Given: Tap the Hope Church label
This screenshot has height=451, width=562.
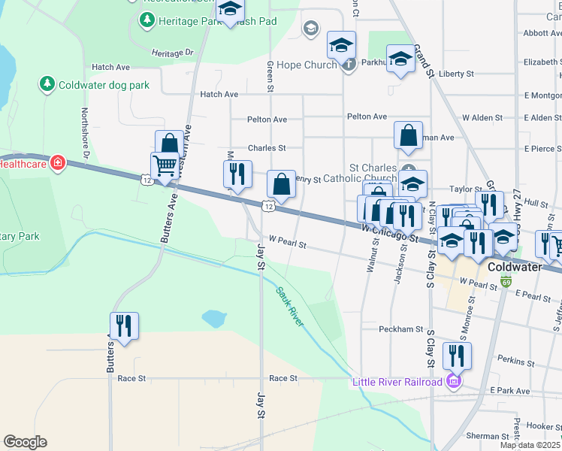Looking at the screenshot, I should click(x=307, y=65).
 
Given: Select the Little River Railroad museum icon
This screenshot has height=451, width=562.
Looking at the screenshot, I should click(x=451, y=382).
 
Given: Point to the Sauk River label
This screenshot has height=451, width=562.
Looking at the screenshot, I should click(x=289, y=306).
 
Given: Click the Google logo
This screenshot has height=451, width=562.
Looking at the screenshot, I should click(x=25, y=442).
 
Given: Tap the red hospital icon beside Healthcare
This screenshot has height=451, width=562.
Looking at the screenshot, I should click(x=57, y=162).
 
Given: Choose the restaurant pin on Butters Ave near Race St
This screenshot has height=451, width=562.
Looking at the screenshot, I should click(x=124, y=326).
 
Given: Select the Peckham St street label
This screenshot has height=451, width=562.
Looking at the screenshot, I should click(x=402, y=329).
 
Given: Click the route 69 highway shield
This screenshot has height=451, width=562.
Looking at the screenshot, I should click(x=506, y=283).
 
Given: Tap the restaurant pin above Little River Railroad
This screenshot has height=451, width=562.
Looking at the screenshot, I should click(x=457, y=355).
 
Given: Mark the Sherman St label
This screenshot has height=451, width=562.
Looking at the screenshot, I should click(x=487, y=436).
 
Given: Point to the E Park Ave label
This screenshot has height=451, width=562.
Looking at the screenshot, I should click(x=510, y=391).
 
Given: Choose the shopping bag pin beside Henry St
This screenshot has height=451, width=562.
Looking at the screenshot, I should click(x=281, y=183).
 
